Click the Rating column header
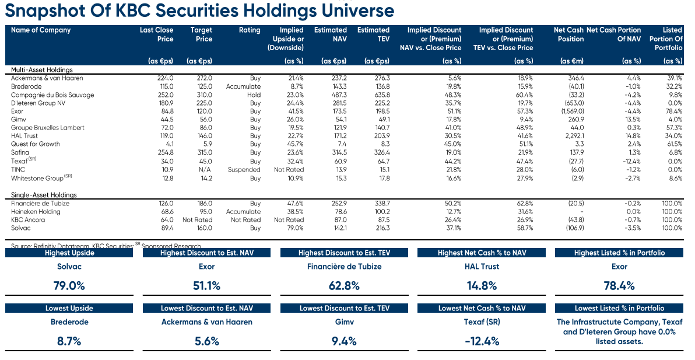(250, 30)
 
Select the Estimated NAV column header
(330, 34)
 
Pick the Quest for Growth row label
(36, 144)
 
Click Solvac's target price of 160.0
(205, 228)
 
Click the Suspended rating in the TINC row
(244, 169)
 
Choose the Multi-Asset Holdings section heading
(41, 69)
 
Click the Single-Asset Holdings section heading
(44, 195)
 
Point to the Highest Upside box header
(69, 253)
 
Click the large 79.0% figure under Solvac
(69, 285)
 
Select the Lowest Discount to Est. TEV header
(345, 308)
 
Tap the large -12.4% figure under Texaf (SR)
(482, 341)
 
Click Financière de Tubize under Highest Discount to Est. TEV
(345, 267)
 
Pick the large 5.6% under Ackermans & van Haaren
(206, 341)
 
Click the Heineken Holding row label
(35, 212)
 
